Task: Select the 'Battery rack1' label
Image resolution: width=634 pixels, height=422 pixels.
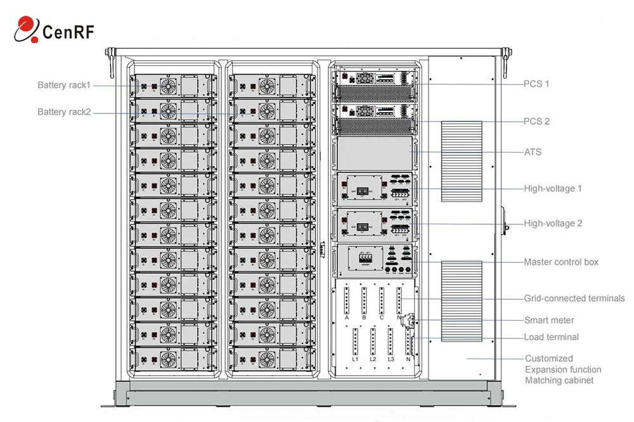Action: pyautogui.click(x=64, y=85)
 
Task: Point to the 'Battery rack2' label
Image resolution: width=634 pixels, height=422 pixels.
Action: pyautogui.click(x=64, y=112)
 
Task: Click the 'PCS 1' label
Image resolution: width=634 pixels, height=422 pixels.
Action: pyautogui.click(x=536, y=84)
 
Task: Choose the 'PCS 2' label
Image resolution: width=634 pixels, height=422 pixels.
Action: pyautogui.click(x=536, y=121)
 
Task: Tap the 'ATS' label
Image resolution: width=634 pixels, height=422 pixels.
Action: pyautogui.click(x=533, y=152)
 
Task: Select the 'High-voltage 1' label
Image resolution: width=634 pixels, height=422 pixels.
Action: pyautogui.click(x=553, y=188)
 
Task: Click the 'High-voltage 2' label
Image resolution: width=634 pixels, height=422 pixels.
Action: pyautogui.click(x=553, y=223)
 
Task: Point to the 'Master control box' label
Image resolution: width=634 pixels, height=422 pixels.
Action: pyautogui.click(x=561, y=262)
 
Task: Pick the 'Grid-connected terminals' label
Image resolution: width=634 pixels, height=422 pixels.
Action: pyautogui.click(x=574, y=298)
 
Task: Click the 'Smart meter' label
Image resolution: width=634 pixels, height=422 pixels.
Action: pyautogui.click(x=549, y=320)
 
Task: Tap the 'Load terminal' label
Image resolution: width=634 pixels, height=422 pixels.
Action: pyautogui.click(x=551, y=337)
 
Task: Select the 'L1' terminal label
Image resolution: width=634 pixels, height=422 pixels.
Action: pyautogui.click(x=355, y=359)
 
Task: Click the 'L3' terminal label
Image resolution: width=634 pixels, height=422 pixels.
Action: pyautogui.click(x=391, y=359)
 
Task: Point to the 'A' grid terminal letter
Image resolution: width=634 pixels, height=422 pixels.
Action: pyautogui.click(x=347, y=317)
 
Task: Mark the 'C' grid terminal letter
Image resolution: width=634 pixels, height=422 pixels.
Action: pyautogui.click(x=382, y=317)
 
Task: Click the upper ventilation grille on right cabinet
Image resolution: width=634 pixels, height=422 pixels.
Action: pyautogui.click(x=461, y=161)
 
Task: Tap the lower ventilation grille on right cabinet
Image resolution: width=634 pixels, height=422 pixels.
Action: pyautogui.click(x=461, y=300)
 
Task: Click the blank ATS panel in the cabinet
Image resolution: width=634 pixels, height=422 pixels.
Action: pyautogui.click(x=374, y=152)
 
